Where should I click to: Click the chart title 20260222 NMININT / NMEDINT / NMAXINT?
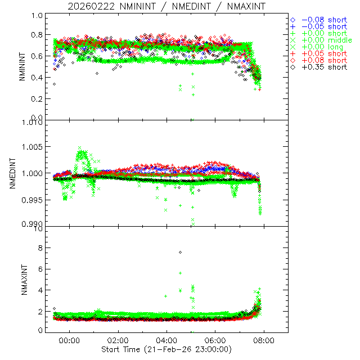(x=166, y=6)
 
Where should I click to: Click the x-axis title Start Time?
(x=166, y=349)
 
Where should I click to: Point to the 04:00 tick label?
(x=166, y=340)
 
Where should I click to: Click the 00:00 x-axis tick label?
(x=69, y=340)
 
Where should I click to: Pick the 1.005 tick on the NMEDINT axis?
(x=33, y=147)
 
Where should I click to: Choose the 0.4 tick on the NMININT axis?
(x=38, y=78)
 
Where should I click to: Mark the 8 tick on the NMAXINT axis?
(x=40, y=248)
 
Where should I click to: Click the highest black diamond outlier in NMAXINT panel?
(x=180, y=252)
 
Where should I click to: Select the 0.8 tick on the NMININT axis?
(x=38, y=35)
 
